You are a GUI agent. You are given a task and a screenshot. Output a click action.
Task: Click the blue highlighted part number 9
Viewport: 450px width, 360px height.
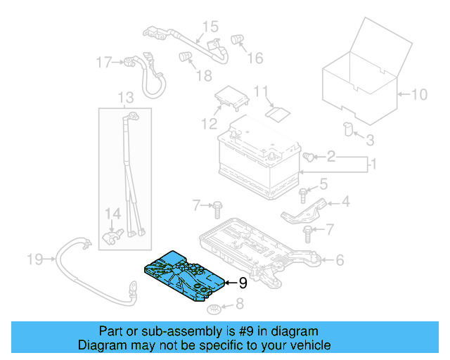[184, 275]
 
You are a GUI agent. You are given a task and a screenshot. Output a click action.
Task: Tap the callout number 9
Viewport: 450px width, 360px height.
[243, 283]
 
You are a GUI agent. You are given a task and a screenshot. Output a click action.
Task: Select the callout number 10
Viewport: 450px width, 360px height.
[418, 94]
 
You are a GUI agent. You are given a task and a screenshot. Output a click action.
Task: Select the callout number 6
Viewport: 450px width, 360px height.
[340, 260]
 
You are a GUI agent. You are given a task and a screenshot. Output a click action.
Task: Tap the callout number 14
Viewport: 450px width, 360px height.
[112, 213]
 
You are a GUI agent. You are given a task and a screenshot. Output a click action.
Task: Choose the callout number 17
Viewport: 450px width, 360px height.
[104, 63]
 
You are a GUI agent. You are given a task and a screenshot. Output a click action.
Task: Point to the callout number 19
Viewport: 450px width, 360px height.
[35, 260]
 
